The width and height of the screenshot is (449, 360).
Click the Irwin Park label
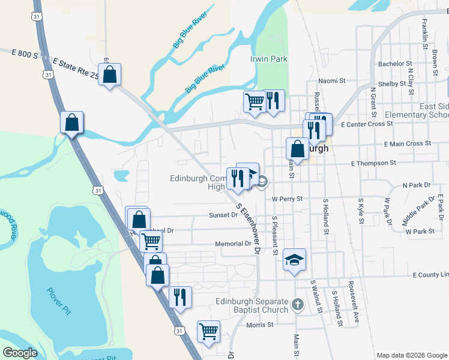(268, 59)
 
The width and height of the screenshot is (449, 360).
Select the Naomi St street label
(332, 80)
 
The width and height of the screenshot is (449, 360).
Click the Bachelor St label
(394, 64)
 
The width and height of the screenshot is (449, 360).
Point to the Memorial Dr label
(233, 244)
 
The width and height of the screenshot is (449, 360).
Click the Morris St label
(260, 325)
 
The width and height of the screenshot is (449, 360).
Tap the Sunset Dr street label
(223, 215)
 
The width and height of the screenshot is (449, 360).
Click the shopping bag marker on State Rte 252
(110, 75)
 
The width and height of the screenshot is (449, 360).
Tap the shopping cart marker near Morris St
(208, 331)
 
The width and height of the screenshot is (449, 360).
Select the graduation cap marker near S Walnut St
(294, 260)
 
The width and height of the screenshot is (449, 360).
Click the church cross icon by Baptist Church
(297, 305)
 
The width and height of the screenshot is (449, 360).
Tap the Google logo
(20, 353)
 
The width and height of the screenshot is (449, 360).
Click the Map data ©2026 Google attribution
(411, 355)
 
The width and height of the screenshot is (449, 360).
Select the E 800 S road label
(25, 54)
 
